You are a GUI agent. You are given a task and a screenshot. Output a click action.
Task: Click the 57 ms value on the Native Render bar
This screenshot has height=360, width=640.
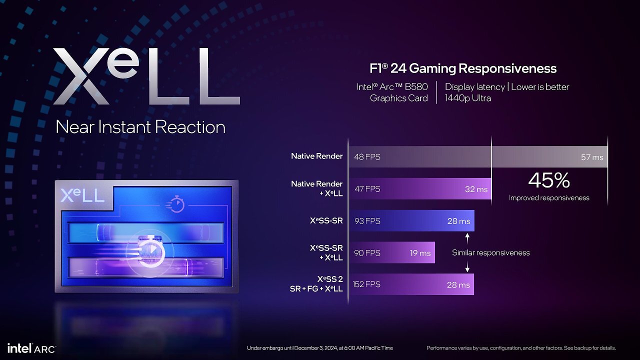[x=592, y=157]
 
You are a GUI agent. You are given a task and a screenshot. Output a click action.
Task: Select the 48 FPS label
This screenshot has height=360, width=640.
[x=367, y=157]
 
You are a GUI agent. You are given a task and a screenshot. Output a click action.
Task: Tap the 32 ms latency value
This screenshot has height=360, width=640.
[x=476, y=189]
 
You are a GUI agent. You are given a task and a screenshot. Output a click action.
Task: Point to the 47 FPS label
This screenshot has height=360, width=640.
[x=367, y=189]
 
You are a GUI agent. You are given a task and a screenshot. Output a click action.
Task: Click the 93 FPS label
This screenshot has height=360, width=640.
[x=367, y=221]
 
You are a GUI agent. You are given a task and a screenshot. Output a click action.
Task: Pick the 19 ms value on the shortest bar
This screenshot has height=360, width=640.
[x=420, y=253]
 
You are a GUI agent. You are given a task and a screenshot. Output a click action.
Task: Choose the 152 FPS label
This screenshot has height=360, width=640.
[x=366, y=284]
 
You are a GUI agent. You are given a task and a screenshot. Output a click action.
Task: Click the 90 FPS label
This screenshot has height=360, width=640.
[x=367, y=253]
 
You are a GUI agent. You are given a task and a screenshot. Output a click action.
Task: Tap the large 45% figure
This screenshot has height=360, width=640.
[x=549, y=180]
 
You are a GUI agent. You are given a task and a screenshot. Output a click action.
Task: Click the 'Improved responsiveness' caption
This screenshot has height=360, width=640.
[x=549, y=197]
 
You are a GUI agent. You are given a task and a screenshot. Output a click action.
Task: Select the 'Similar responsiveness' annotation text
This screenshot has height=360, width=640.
[x=491, y=252]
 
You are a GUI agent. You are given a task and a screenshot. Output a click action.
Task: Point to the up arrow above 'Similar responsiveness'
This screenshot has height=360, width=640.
[x=467, y=238]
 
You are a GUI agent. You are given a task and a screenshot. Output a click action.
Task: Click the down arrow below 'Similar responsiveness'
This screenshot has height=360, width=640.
[x=467, y=266]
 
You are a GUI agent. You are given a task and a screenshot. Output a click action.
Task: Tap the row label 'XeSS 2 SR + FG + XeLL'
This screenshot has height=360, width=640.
[x=316, y=283]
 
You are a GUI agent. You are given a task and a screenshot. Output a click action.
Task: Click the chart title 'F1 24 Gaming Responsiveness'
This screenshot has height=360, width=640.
[x=463, y=68]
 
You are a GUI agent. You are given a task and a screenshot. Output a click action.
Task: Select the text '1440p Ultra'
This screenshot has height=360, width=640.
[x=467, y=98]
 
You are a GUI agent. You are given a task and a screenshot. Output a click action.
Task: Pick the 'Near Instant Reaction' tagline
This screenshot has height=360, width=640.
[x=140, y=127]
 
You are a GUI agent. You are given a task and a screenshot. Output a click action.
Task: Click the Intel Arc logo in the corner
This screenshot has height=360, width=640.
[x=31, y=348]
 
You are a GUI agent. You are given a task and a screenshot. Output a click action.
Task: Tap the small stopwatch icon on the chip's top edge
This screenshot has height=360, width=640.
[x=175, y=204]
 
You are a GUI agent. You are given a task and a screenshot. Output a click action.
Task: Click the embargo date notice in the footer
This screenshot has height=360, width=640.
[x=319, y=348]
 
